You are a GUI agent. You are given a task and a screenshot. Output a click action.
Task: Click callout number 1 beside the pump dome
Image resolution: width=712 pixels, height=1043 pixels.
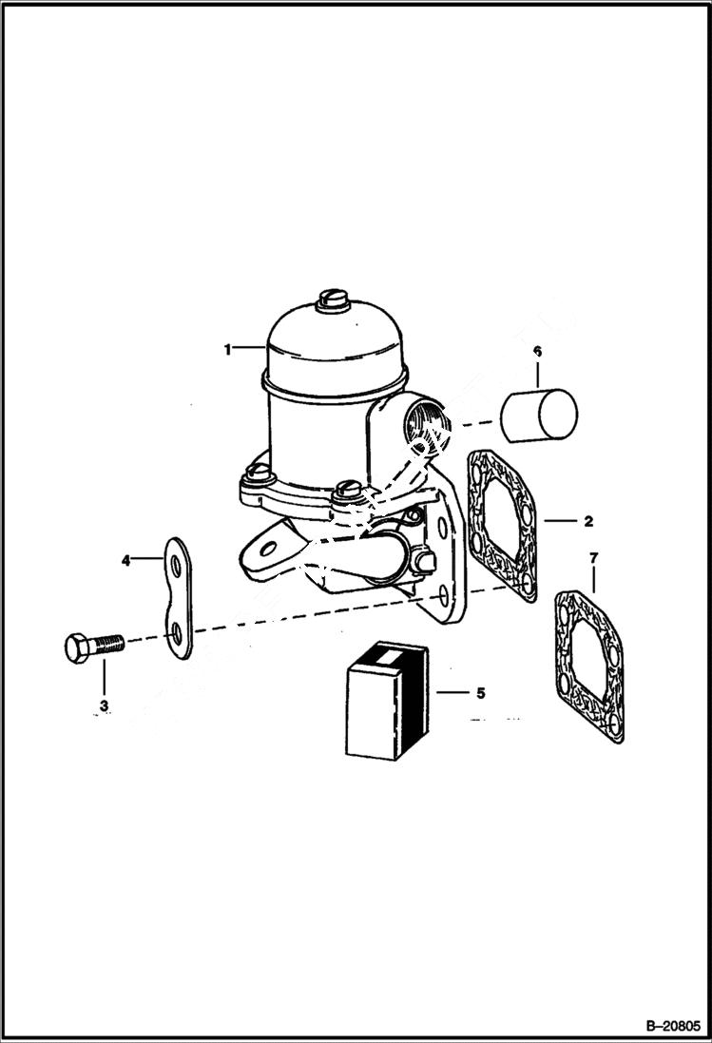coord(227,350)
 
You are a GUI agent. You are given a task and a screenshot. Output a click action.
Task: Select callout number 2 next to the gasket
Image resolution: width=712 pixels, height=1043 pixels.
coord(588,521)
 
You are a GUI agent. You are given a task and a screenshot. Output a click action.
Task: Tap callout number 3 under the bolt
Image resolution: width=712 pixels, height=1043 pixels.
coord(104,705)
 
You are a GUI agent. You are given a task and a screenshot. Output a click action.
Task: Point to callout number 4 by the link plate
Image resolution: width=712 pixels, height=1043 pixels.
coord(125,561)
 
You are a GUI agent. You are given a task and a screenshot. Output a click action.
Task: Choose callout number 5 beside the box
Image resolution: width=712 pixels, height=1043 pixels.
coord(480,693)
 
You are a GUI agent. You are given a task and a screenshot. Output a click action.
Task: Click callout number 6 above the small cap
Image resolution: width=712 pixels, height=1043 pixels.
coord(537,352)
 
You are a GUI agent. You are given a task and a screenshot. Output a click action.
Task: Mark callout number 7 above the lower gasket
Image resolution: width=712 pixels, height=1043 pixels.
coord(594,555)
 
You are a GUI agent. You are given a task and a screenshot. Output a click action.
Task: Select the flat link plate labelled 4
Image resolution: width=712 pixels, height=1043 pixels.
coord(178,599)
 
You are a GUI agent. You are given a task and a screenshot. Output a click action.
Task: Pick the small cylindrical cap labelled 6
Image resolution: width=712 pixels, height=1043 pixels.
coord(540,414)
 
